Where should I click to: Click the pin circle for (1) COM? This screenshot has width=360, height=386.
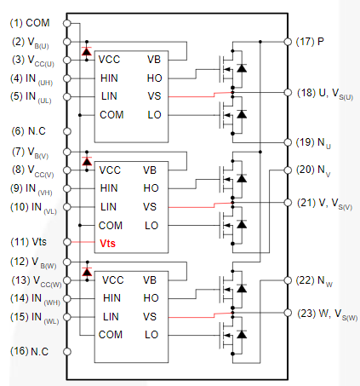(67, 23)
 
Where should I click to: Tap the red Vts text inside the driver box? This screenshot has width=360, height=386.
(108, 244)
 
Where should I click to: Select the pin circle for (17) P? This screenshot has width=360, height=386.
(288, 42)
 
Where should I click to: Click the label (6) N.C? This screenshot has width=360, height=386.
(29, 131)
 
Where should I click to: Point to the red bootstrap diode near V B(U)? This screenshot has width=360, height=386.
(87, 51)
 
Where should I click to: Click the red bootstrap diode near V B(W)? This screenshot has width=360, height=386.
(87, 272)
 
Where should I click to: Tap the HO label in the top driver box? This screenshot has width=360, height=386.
(155, 78)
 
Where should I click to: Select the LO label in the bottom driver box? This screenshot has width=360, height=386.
(151, 335)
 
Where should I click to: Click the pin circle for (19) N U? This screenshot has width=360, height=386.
(288, 142)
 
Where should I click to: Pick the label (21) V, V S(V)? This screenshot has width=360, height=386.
(325, 204)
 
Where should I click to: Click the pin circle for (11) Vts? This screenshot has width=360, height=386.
(67, 242)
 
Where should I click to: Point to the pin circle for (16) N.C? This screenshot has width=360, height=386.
(67, 352)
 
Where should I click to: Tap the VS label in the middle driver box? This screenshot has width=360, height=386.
(150, 207)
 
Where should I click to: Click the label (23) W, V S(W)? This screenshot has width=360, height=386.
(328, 314)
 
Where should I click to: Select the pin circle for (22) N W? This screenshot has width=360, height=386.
(288, 280)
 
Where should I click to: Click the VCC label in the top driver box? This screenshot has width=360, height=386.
(109, 60)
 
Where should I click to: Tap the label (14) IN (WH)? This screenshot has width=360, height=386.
(35, 299)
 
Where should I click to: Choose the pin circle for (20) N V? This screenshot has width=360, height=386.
(288, 170)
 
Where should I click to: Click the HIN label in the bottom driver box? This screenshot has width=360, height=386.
(111, 298)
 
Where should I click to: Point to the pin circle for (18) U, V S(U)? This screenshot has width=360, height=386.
(288, 93)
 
